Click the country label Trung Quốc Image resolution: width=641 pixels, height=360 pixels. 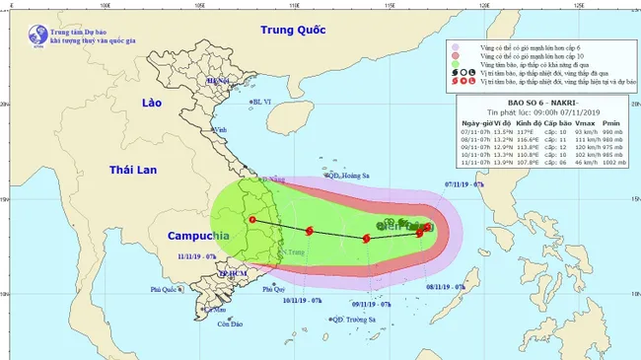coord(292,31)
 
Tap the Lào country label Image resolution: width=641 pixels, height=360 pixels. coord(151,103)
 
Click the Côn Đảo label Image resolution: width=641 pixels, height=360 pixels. coord(230,324)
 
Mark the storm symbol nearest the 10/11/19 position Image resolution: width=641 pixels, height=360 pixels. coord(310,231)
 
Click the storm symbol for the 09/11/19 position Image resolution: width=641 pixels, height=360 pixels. coord(367,238)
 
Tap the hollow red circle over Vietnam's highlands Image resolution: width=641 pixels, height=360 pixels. coord(252,219)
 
